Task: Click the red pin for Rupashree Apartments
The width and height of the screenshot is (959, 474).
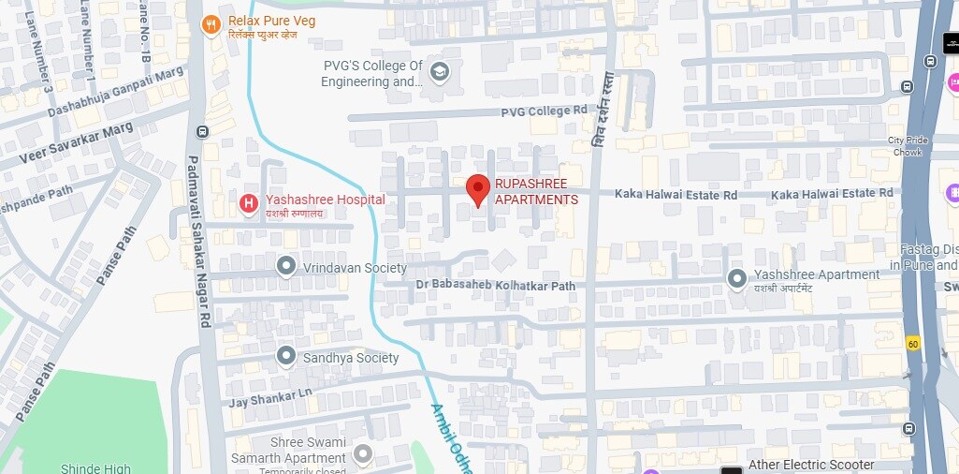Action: [477, 188]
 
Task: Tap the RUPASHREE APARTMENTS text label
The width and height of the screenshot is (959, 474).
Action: [536, 191]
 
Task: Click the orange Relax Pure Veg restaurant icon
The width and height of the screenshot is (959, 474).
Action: [211, 25]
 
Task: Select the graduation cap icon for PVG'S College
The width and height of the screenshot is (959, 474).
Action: [439, 72]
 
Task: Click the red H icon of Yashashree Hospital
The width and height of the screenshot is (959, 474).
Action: [248, 201]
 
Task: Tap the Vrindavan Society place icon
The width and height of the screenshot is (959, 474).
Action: [286, 267]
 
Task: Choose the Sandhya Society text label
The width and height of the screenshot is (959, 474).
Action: [351, 358]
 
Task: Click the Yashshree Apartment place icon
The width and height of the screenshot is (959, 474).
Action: [737, 278]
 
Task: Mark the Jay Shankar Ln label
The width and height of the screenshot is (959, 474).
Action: [270, 397]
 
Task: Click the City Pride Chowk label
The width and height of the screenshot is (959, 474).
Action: [907, 146]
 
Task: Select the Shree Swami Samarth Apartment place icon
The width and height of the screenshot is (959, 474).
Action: [362, 453]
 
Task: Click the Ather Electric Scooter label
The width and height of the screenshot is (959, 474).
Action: [811, 465]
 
